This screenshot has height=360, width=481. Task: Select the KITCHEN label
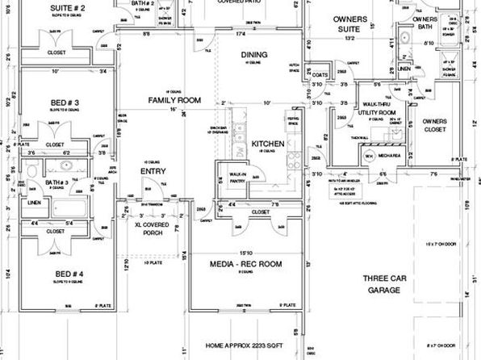point(267,144)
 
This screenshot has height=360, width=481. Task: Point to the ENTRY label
point(153,171)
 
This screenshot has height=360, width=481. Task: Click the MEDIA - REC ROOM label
point(245,263)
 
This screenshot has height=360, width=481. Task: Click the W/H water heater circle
point(368,157)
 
